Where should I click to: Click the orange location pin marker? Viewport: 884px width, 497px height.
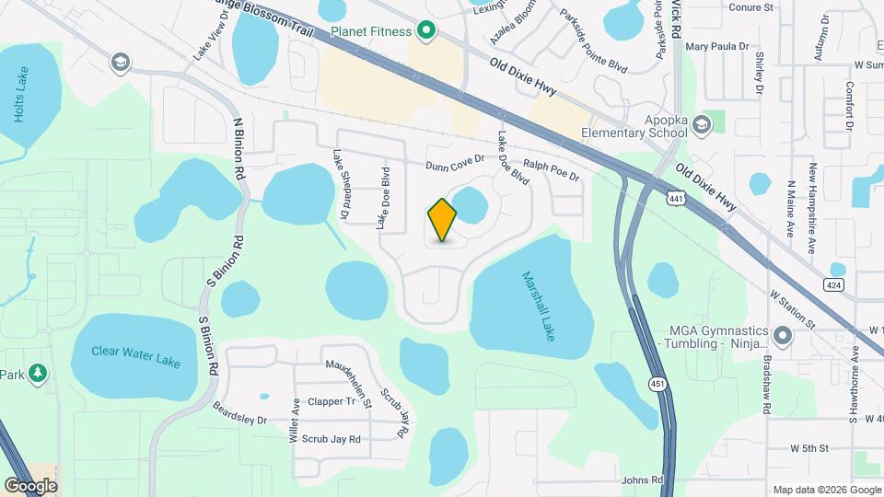coord(442,219)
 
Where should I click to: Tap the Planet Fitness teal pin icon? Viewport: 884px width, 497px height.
coord(425,31)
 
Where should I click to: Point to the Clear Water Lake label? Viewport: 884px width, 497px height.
coord(138,355)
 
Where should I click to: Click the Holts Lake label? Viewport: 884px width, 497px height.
coord(21,95)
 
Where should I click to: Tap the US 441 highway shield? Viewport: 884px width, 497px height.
coord(676,198)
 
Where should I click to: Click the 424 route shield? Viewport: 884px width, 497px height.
coord(836,270)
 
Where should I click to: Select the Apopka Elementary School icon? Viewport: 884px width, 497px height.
coord(702,124)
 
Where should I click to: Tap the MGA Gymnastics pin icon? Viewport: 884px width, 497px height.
coord(783,336)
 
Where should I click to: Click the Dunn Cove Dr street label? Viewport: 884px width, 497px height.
coord(454,167)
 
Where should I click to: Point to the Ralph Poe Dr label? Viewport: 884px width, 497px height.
coord(551,170)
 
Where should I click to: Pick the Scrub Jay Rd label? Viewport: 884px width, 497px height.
coord(331,440)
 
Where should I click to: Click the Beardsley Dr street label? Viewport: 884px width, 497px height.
coord(238,413)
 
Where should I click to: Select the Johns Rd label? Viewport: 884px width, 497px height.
coord(642,480)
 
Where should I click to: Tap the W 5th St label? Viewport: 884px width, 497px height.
coord(809,448)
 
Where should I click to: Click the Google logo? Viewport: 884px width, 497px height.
coord(30,485)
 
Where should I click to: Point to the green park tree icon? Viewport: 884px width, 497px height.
coord(37,374)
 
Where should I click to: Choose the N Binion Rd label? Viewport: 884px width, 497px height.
coord(238,147)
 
